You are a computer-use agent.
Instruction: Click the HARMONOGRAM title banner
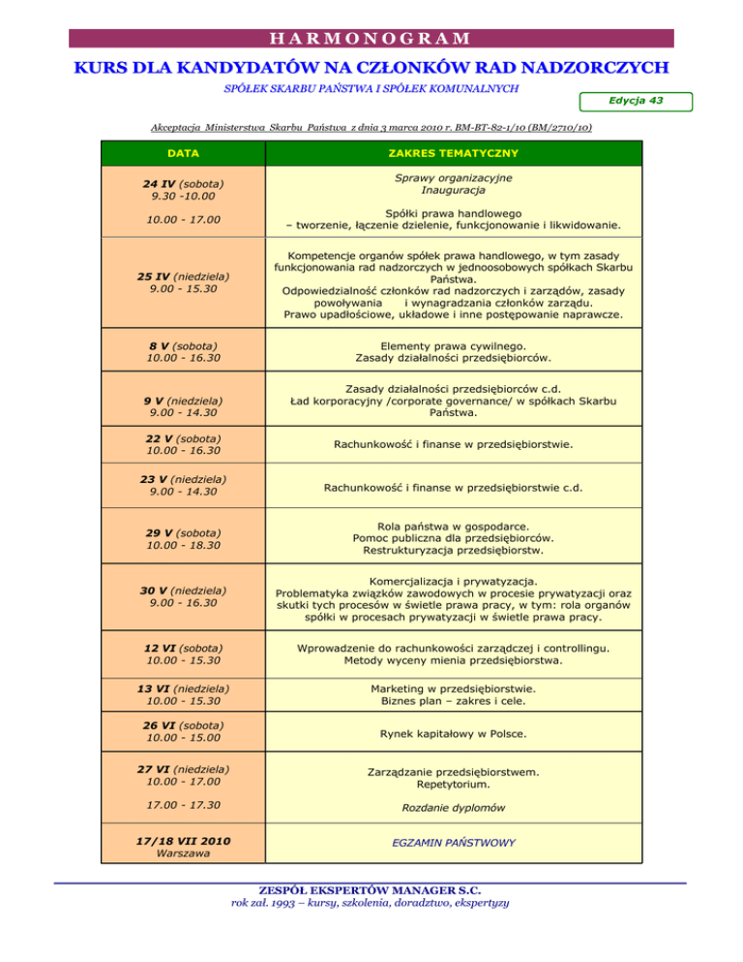[x=371, y=40]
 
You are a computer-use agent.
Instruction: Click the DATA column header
[x=182, y=153]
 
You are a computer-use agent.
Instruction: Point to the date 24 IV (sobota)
[x=182, y=184]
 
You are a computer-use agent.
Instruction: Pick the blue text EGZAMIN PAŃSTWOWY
[x=453, y=843]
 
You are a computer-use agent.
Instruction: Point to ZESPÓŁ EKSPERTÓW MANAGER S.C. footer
[x=371, y=889]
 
